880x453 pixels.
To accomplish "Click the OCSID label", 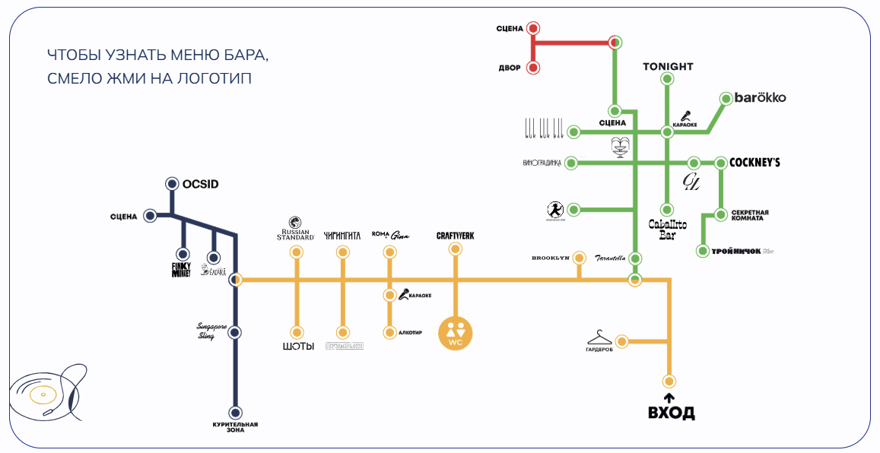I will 201,184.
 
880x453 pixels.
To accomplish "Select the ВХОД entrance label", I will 670,413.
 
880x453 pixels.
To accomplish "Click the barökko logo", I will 760,98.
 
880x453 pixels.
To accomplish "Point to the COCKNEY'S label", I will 755,163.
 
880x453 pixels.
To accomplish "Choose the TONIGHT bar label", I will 668,66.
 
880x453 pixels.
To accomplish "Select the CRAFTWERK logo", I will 455,236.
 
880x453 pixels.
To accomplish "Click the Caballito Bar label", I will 667,229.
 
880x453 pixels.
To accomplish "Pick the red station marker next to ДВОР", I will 533,68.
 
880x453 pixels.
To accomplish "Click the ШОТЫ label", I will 297,347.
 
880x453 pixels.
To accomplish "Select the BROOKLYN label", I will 550,258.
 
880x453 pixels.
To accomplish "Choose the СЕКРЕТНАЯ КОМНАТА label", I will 750,215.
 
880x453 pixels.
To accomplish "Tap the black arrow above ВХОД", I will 669,398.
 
